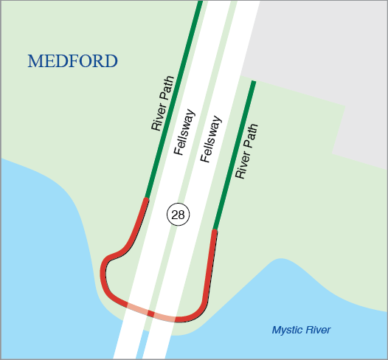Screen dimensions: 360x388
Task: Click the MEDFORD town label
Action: click(x=72, y=61)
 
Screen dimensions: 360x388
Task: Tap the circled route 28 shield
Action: click(x=178, y=215)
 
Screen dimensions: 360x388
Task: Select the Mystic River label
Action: click(x=301, y=330)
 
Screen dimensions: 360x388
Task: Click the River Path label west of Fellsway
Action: click(x=162, y=103)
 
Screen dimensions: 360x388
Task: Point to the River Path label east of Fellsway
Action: click(x=247, y=152)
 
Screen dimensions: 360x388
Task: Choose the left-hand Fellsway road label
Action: click(x=184, y=132)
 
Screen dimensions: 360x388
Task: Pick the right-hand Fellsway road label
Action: click(x=212, y=139)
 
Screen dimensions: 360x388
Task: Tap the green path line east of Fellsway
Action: click(x=235, y=155)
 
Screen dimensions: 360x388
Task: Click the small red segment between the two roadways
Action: click(x=151, y=314)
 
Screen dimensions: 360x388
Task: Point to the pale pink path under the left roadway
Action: click(x=137, y=309)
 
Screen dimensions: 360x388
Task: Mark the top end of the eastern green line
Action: click(x=254, y=83)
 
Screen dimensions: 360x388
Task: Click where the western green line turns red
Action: click(x=148, y=197)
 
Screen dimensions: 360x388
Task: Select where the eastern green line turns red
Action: click(x=215, y=229)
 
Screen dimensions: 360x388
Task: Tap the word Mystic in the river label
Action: click(x=285, y=330)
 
